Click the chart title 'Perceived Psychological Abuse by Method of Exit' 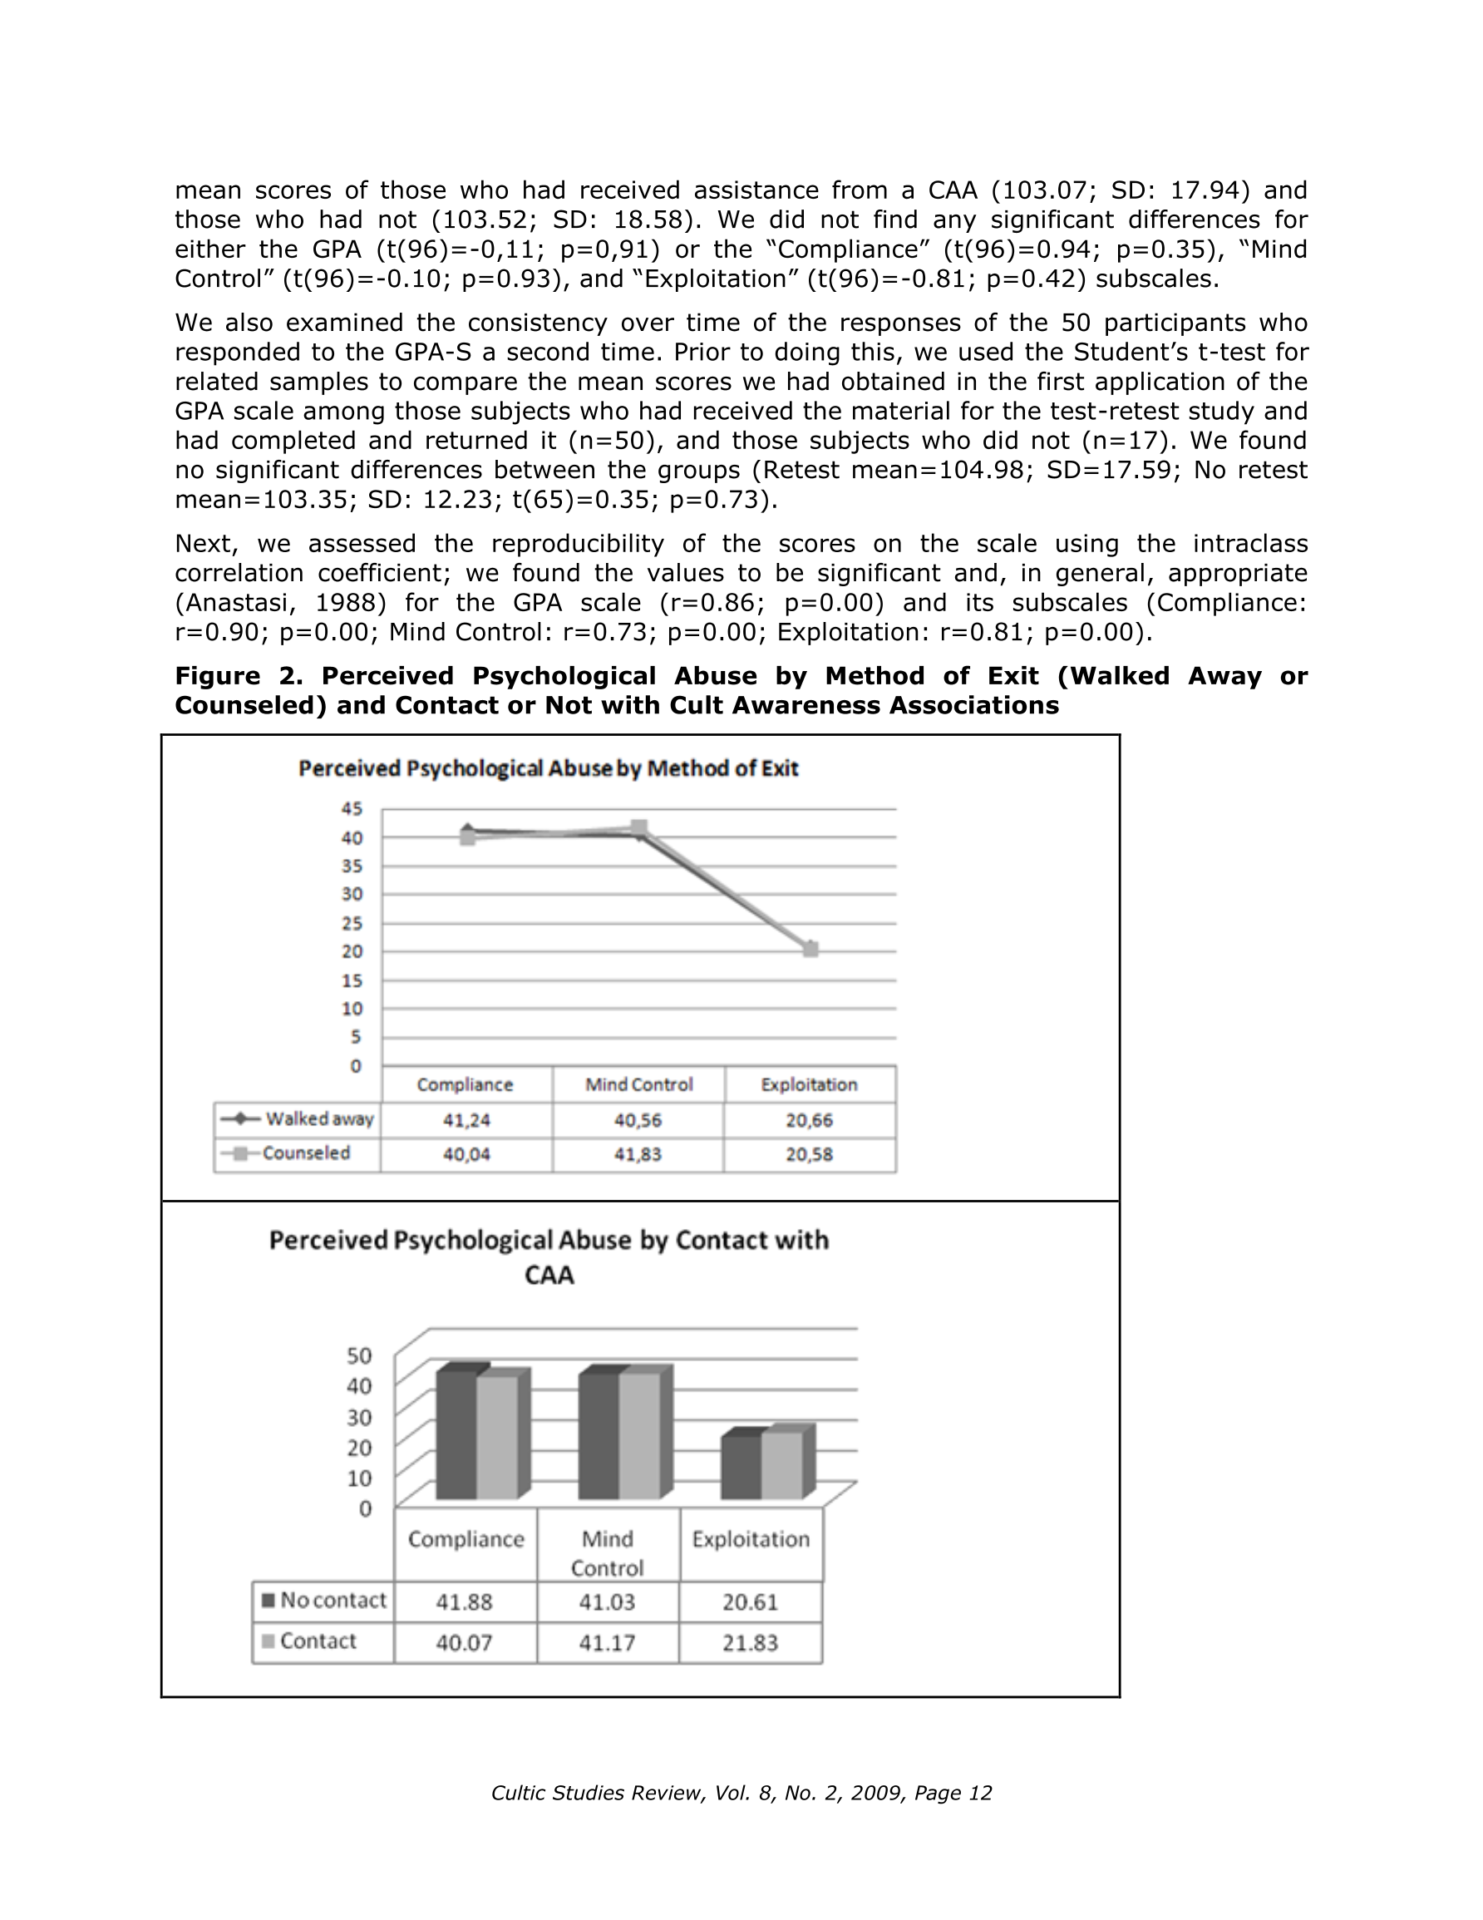coord(548,768)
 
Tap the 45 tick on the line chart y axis coord(352,809)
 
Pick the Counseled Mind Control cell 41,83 coord(638,1154)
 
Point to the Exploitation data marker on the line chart coord(810,949)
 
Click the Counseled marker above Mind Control coord(639,827)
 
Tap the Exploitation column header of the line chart coord(809,1085)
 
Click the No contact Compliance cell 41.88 coord(464,1602)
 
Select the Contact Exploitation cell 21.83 coord(750,1643)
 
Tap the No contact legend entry coord(323,1600)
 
